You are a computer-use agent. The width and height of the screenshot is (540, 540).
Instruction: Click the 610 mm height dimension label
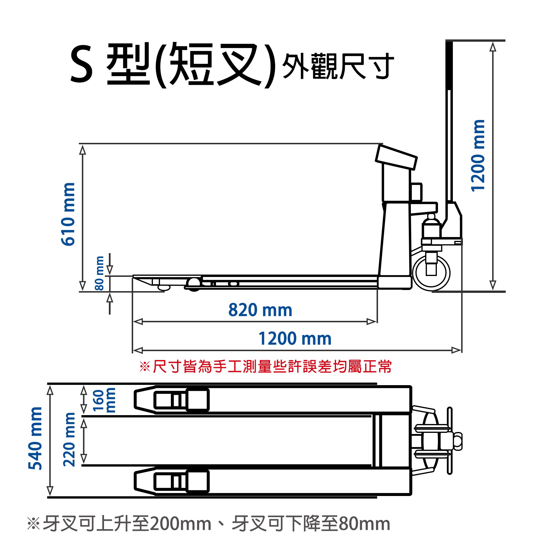[68, 214]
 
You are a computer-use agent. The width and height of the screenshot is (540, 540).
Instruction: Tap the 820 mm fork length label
[260, 310]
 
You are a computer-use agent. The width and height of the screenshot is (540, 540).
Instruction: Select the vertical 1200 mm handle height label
[477, 156]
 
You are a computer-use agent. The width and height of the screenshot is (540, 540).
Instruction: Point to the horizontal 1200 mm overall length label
[295, 339]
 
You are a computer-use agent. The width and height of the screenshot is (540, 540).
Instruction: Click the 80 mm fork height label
[99, 273]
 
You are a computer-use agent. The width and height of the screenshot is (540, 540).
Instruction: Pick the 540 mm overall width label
[35, 439]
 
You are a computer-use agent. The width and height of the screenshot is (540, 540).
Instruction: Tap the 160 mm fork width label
[104, 400]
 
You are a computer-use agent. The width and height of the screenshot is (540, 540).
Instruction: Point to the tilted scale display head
[396, 157]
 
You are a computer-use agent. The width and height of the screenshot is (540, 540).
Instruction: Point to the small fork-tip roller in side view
[163, 287]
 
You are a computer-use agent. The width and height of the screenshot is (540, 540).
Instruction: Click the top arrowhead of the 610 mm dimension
[83, 150]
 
